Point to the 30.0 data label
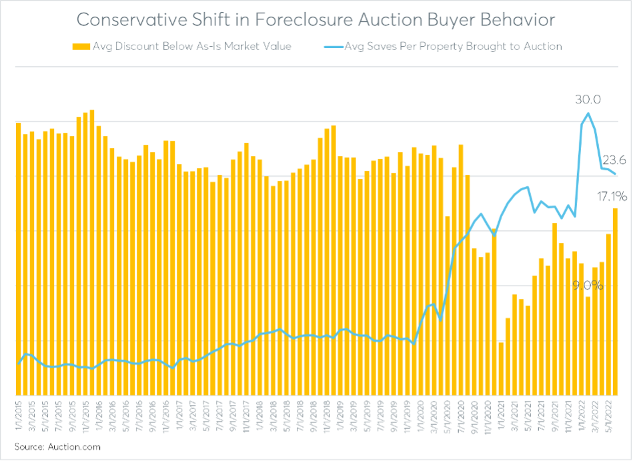pyautogui.click(x=588, y=100)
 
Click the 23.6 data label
pyautogui.click(x=613, y=160)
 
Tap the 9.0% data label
pyautogui.click(x=588, y=286)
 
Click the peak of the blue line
pyautogui.click(x=588, y=113)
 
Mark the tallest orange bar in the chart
pyautogui.click(x=92, y=254)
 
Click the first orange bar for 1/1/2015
pyautogui.click(x=19, y=260)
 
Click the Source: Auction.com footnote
pyautogui.click(x=58, y=446)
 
